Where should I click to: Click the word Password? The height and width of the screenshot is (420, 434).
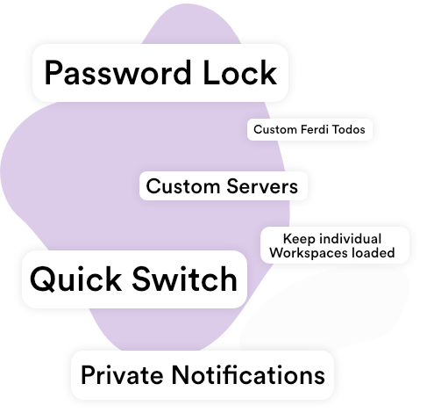click(117, 73)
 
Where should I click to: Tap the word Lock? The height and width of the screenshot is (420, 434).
click(239, 72)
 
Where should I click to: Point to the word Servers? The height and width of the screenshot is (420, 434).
click(262, 186)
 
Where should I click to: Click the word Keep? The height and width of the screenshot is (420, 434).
click(299, 239)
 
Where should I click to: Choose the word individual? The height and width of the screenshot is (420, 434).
click(350, 239)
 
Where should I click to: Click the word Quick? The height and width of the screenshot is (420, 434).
click(75, 279)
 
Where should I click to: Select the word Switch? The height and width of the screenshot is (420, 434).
click(185, 279)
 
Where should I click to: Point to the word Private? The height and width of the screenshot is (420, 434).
click(122, 375)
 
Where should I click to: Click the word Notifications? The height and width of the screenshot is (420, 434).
click(248, 375)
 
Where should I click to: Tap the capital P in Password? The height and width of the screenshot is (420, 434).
click(53, 73)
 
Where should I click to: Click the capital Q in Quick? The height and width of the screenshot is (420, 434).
click(42, 279)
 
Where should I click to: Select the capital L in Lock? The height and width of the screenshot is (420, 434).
click(210, 73)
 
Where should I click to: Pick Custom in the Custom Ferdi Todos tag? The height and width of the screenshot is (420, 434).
click(275, 129)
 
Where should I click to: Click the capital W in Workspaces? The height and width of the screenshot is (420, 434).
click(277, 252)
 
